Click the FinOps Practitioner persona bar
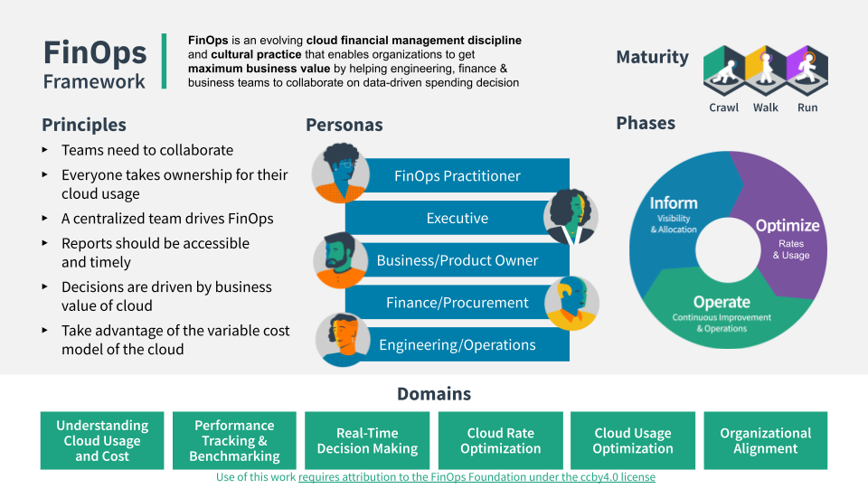[458, 176]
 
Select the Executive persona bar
[458, 218]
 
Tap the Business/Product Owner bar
[458, 260]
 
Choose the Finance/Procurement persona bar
[458, 303]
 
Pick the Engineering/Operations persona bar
[458, 344]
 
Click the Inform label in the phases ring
[674, 203]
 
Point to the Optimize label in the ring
[788, 226]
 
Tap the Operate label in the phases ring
[722, 302]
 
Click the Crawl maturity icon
[723, 70]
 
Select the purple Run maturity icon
[807, 70]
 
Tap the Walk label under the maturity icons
[766, 108]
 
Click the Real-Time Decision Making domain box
[368, 441]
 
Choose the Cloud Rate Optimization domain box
[500, 441]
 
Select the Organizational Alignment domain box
[765, 441]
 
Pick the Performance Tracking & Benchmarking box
[235, 441]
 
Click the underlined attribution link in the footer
[476, 477]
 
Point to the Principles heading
[84, 125]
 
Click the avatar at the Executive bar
[571, 216]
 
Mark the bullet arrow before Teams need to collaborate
[46, 150]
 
